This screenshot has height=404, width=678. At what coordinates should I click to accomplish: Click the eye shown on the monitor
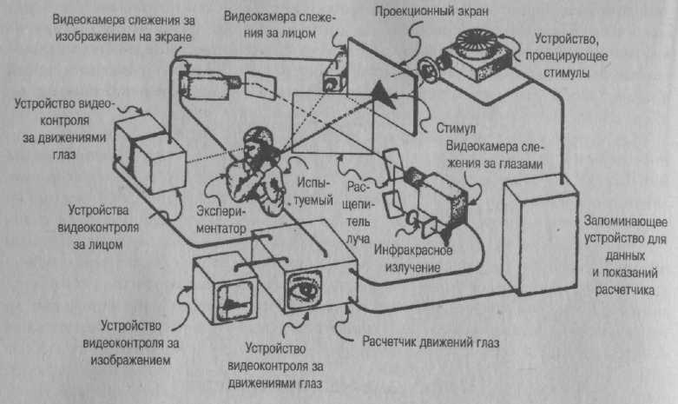[305, 289]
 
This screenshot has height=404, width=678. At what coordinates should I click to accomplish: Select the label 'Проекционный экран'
[431, 11]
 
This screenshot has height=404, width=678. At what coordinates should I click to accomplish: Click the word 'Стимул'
[456, 128]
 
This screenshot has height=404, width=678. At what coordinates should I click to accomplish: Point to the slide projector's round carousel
[476, 40]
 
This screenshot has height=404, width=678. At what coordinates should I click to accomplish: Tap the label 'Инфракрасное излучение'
[413, 259]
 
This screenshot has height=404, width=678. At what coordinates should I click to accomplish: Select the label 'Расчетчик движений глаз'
[431, 342]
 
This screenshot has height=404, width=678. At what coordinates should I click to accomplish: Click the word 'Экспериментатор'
[221, 220]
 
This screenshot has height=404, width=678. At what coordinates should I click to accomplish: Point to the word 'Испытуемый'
[314, 192]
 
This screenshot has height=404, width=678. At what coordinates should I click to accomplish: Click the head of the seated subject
[260, 141]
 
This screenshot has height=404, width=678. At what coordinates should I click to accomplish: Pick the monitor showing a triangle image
[224, 288]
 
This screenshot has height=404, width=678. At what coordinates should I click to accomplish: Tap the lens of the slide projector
[429, 70]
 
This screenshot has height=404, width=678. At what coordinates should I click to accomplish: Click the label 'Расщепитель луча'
[359, 213]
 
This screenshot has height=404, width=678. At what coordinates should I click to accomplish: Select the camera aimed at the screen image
[208, 84]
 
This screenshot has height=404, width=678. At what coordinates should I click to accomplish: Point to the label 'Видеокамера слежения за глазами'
[494, 155]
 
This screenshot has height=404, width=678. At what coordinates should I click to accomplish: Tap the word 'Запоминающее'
[625, 222]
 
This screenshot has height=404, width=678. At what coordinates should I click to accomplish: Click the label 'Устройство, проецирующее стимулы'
[566, 56]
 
